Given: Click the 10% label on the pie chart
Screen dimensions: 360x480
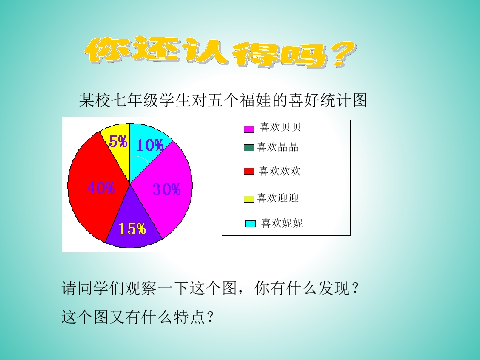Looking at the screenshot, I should (x=150, y=145).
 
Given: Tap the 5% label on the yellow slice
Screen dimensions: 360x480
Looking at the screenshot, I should (x=118, y=142).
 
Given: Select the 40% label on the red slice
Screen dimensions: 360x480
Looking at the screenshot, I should (x=101, y=188).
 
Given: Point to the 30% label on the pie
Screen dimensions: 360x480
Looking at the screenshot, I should (x=166, y=190).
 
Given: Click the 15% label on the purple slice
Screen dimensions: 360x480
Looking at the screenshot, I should (x=132, y=229).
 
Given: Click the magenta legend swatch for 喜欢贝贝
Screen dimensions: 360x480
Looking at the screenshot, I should (x=249, y=129).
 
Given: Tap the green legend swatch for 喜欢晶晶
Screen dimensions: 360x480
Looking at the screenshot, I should (x=249, y=148).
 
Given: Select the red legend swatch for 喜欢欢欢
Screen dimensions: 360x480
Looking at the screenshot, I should (x=249, y=172).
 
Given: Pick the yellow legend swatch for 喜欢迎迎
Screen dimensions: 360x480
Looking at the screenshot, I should (x=249, y=199).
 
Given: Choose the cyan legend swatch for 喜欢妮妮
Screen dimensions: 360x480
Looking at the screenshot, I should (x=251, y=224).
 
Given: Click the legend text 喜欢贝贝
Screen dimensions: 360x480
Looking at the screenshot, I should (x=280, y=128).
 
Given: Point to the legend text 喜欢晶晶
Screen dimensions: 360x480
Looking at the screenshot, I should (x=278, y=147).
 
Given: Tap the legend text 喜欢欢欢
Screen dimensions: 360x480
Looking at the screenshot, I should (x=280, y=171).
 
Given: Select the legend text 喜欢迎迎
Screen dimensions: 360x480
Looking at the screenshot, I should (x=278, y=198).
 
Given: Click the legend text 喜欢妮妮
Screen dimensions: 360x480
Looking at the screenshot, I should (x=282, y=223).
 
